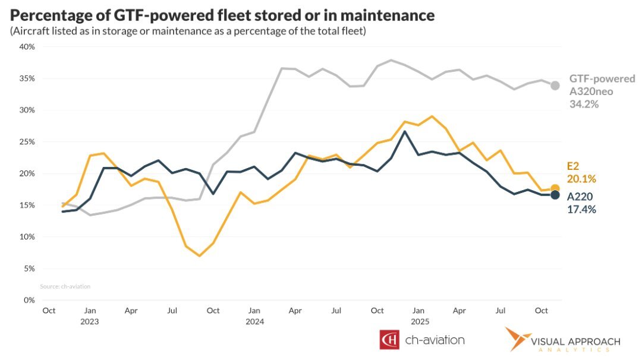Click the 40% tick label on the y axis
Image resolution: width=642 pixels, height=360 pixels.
click(x=27, y=47)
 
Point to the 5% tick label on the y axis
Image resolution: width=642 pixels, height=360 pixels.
click(x=29, y=269)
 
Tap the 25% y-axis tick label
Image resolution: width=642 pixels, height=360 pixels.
click(x=27, y=142)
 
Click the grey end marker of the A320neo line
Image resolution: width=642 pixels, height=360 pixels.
click(x=555, y=86)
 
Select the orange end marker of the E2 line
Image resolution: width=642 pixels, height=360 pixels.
click(x=555, y=188)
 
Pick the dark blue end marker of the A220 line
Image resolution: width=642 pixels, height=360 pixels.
click(x=555, y=195)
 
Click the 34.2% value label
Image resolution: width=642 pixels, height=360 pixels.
click(x=584, y=104)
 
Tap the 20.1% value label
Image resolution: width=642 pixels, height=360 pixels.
click(x=581, y=179)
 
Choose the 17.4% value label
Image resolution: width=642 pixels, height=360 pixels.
click(x=581, y=209)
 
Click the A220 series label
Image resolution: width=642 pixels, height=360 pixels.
click(x=580, y=197)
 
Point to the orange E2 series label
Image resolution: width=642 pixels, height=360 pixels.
click(x=573, y=167)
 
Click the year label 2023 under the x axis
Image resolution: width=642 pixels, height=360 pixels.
click(x=90, y=321)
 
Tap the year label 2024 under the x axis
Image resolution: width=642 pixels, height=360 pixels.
click(x=254, y=321)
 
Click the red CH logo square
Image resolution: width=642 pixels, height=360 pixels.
click(x=389, y=340)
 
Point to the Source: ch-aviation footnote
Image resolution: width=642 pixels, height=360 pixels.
click(x=65, y=286)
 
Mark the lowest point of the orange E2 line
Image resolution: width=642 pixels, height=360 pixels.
click(x=200, y=256)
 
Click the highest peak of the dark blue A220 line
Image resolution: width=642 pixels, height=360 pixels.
click(x=405, y=131)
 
